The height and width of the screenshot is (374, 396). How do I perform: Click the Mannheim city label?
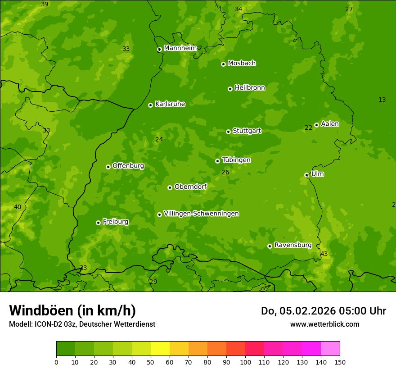tap(180, 48)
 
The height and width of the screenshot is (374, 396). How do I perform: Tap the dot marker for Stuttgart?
tap(228, 132)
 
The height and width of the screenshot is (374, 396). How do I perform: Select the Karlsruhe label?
tap(170, 104)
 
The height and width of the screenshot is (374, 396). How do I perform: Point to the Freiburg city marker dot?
tap(98, 223)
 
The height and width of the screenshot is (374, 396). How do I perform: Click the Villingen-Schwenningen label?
tap(201, 214)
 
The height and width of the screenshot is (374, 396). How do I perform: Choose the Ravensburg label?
tap(293, 245)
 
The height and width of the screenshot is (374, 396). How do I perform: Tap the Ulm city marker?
tap(306, 175)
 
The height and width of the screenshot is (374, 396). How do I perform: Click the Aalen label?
tap(330, 124)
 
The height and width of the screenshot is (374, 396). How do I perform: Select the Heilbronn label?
tap(250, 88)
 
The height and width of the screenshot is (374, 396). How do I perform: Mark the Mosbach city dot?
tap(223, 64)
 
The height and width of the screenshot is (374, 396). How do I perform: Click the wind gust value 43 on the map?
tap(324, 254)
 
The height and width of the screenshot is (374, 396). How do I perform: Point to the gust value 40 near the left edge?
tap(18, 207)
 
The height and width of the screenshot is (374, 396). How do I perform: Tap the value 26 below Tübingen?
tap(225, 172)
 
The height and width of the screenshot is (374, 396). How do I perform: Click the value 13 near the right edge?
tap(382, 100)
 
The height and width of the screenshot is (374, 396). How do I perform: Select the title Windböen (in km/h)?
tap(72, 310)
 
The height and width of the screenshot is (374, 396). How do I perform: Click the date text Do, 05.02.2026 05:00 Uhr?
tap(323, 311)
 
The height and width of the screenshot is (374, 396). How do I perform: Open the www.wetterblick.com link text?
tap(324, 324)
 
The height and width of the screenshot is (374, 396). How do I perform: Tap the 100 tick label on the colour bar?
tap(245, 362)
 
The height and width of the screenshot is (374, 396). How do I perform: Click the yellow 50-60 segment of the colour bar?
tap(160, 348)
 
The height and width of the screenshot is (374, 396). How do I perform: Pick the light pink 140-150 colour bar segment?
tap(330, 348)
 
